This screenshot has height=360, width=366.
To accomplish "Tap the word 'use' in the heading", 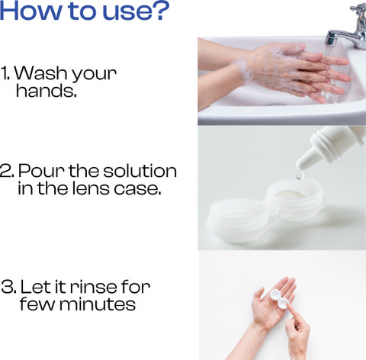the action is [125, 11].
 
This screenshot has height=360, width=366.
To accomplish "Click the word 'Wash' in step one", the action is [40, 74].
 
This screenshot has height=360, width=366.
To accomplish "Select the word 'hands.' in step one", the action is [47, 91].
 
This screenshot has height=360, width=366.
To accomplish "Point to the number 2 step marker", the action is [8, 171].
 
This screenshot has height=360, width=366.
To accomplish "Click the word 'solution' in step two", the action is [140, 170].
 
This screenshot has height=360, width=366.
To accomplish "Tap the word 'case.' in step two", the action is [137, 189].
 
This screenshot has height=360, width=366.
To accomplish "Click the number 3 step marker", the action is [9, 286].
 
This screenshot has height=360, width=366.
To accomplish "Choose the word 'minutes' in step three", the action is [98, 304].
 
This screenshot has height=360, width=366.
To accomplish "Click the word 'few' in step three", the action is [37, 304].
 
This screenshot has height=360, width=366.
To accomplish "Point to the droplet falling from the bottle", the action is [300, 175].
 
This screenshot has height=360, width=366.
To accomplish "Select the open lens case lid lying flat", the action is [238, 220].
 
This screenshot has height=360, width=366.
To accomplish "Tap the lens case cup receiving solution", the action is [295, 199].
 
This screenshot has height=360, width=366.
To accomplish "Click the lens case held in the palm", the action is [279, 299].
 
